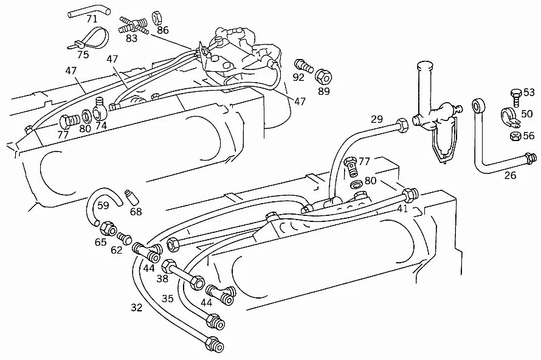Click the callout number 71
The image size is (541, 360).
[92, 19]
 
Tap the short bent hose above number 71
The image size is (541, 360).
[88, 10]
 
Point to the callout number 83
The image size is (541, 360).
[132, 38]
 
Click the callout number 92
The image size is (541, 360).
[298, 77]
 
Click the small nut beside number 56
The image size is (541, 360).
[514, 136]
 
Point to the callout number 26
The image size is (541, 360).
[510, 176]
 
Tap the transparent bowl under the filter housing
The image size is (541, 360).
[443, 146]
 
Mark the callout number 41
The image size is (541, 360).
[402, 208]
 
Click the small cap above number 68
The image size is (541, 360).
[129, 196]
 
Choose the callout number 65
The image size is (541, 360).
[100, 241]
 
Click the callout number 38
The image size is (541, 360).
[162, 279]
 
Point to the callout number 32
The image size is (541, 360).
[136, 308]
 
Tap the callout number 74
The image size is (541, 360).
[101, 125]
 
